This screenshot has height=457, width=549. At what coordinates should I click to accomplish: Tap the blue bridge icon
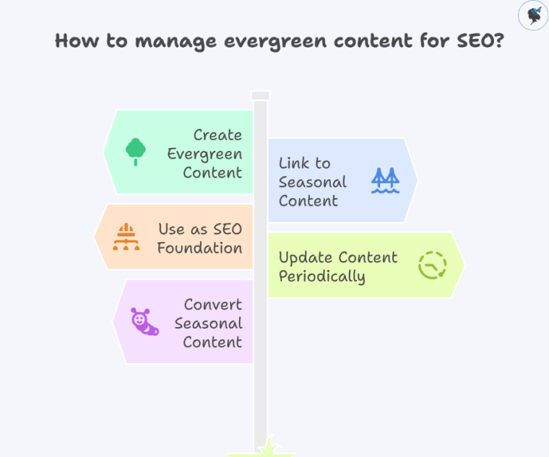[385, 180]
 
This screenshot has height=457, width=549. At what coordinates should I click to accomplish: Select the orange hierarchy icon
[126, 237]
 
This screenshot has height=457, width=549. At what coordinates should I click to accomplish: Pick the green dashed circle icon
[432, 265]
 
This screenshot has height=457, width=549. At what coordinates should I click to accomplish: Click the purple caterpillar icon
[144, 322]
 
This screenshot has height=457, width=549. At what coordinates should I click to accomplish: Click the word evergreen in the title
[264, 40]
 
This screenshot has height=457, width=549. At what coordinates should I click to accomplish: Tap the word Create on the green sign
[217, 135]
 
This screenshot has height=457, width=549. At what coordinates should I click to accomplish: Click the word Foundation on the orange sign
[199, 248]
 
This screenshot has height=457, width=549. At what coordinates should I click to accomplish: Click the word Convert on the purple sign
[212, 305]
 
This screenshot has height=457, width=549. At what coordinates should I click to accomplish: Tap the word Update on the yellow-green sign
[303, 258]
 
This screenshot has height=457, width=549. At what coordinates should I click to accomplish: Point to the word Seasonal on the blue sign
[313, 182]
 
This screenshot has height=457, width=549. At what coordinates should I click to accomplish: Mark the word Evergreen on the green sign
[204, 154]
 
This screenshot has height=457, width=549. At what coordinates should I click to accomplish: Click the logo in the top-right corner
[532, 14]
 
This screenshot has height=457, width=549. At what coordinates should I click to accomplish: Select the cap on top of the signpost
[260, 95]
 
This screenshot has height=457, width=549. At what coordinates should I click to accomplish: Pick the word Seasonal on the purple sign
[208, 323]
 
